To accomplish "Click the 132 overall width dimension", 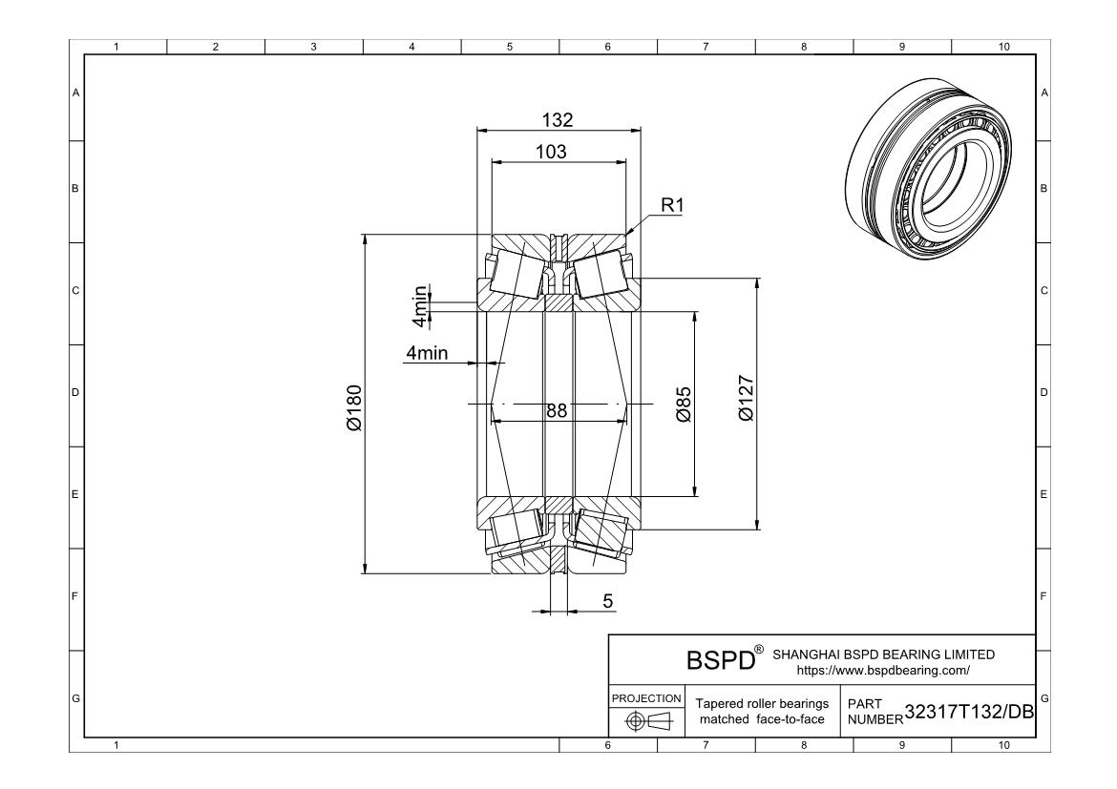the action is pos(558,119).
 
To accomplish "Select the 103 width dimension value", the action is pos(552,152).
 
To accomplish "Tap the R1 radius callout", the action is pos(672,205).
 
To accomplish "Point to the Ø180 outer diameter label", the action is pos(354,408).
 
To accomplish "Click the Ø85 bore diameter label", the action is pos(684,405).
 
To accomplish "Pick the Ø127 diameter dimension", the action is pos(746,398).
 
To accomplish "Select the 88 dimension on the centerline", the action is pos(558,411).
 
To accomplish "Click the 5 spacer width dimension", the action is pos(607,601).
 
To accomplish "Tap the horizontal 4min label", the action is pos(427,352).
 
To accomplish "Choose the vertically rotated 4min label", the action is pos(421,307).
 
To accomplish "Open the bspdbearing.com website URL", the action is pos(883,671).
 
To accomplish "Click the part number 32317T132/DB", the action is pos(969,712).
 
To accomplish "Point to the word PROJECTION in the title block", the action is pos(646,698).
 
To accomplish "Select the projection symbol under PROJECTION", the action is pos(649,721).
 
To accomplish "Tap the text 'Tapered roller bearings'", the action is pos(762,703).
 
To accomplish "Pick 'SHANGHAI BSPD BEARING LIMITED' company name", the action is pos(883,654).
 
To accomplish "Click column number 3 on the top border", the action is pos(313,47).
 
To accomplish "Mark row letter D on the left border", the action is pos(75,392).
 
